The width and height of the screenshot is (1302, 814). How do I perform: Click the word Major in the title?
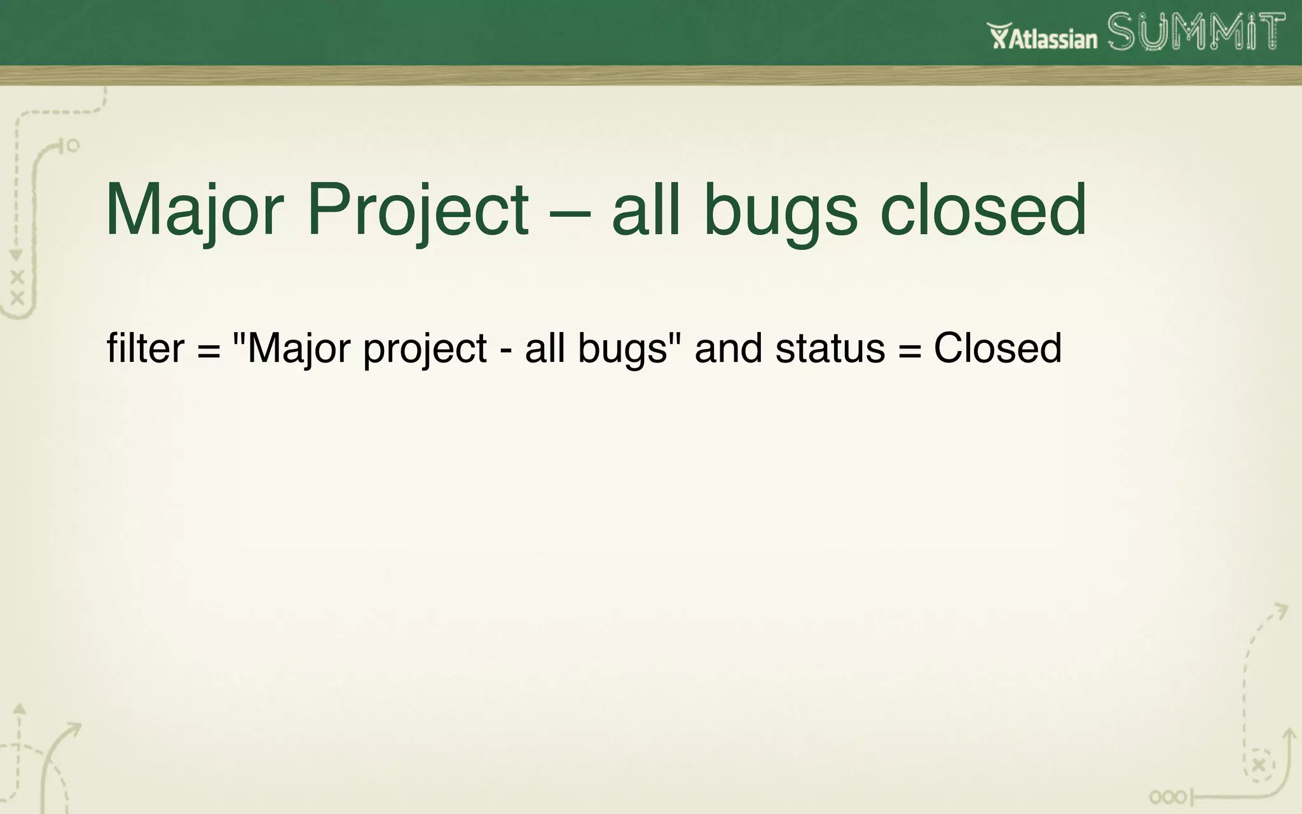click(194, 210)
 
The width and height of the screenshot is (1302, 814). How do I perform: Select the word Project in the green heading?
click(418, 210)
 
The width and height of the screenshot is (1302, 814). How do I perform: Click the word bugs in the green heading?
click(781, 213)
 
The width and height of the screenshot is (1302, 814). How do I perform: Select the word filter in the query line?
click(145, 348)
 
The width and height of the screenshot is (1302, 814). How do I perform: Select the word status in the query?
click(830, 348)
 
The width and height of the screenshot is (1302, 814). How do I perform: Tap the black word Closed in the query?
click(997, 348)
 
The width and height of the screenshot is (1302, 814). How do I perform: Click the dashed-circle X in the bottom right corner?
click(1258, 765)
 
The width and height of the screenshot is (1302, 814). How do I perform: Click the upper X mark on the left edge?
click(17, 277)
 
